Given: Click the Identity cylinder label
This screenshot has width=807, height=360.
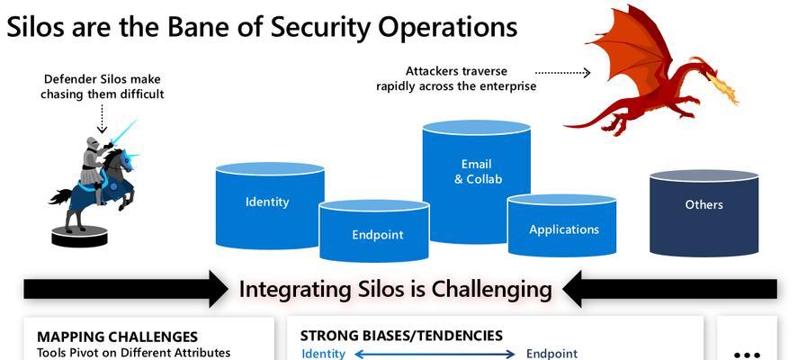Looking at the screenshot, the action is [267, 202].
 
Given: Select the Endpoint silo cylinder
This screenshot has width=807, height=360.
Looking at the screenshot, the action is [374, 230].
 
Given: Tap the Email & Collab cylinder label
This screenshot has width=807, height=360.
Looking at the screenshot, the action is [478, 172].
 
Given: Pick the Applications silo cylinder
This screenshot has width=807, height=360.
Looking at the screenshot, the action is [562, 225].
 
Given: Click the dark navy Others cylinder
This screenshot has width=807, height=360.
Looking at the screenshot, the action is [704, 212].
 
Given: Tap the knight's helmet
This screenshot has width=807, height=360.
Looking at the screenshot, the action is [93, 143].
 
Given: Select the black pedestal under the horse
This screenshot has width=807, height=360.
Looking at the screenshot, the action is [79, 237].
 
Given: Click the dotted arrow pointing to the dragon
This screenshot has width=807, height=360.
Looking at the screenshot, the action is [562, 73].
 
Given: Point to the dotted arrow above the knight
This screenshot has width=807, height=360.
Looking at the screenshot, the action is [102, 119].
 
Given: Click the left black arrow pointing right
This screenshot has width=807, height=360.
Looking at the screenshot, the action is [126, 289].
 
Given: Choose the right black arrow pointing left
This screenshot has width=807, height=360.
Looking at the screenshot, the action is [669, 289].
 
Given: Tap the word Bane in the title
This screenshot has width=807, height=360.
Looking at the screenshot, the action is [195, 27].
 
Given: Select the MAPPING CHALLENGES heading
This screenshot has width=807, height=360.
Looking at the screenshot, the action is [117, 337].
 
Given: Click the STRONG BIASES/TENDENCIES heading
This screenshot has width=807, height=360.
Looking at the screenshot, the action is [401, 336].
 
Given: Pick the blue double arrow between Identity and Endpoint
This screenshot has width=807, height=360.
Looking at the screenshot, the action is [435, 354].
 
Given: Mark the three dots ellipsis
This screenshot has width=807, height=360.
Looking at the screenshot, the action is [747, 355].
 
